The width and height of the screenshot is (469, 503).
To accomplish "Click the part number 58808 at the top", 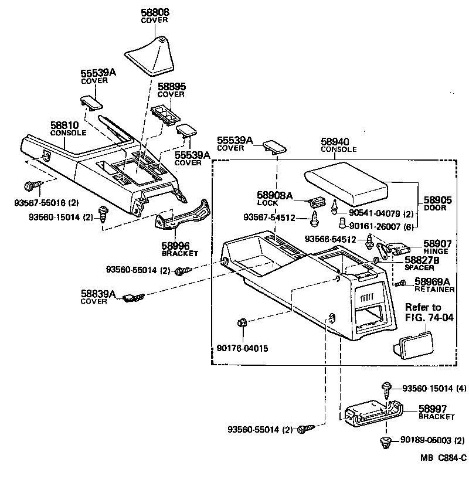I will click(x=155, y=12).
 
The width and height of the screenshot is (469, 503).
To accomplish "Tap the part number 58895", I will click(x=171, y=86).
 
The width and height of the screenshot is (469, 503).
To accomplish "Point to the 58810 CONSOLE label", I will click(x=68, y=128).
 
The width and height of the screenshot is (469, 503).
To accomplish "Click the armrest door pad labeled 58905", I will click(x=346, y=182).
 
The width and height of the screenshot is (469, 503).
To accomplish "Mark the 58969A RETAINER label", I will click(x=434, y=284).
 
